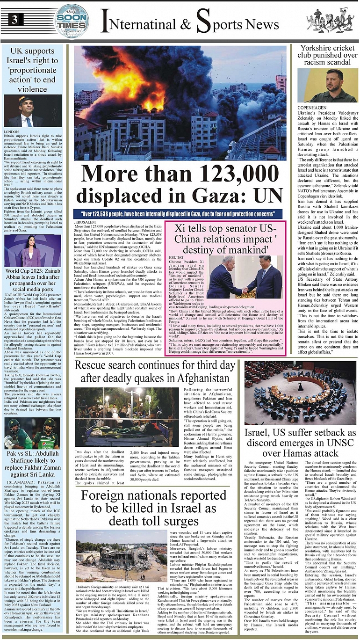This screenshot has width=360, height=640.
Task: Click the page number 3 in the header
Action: click(15, 19)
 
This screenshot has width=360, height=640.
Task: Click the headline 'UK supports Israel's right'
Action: click(32, 69)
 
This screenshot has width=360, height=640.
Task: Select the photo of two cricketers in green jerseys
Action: click(32, 433)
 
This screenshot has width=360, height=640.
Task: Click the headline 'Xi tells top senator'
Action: click(230, 239)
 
